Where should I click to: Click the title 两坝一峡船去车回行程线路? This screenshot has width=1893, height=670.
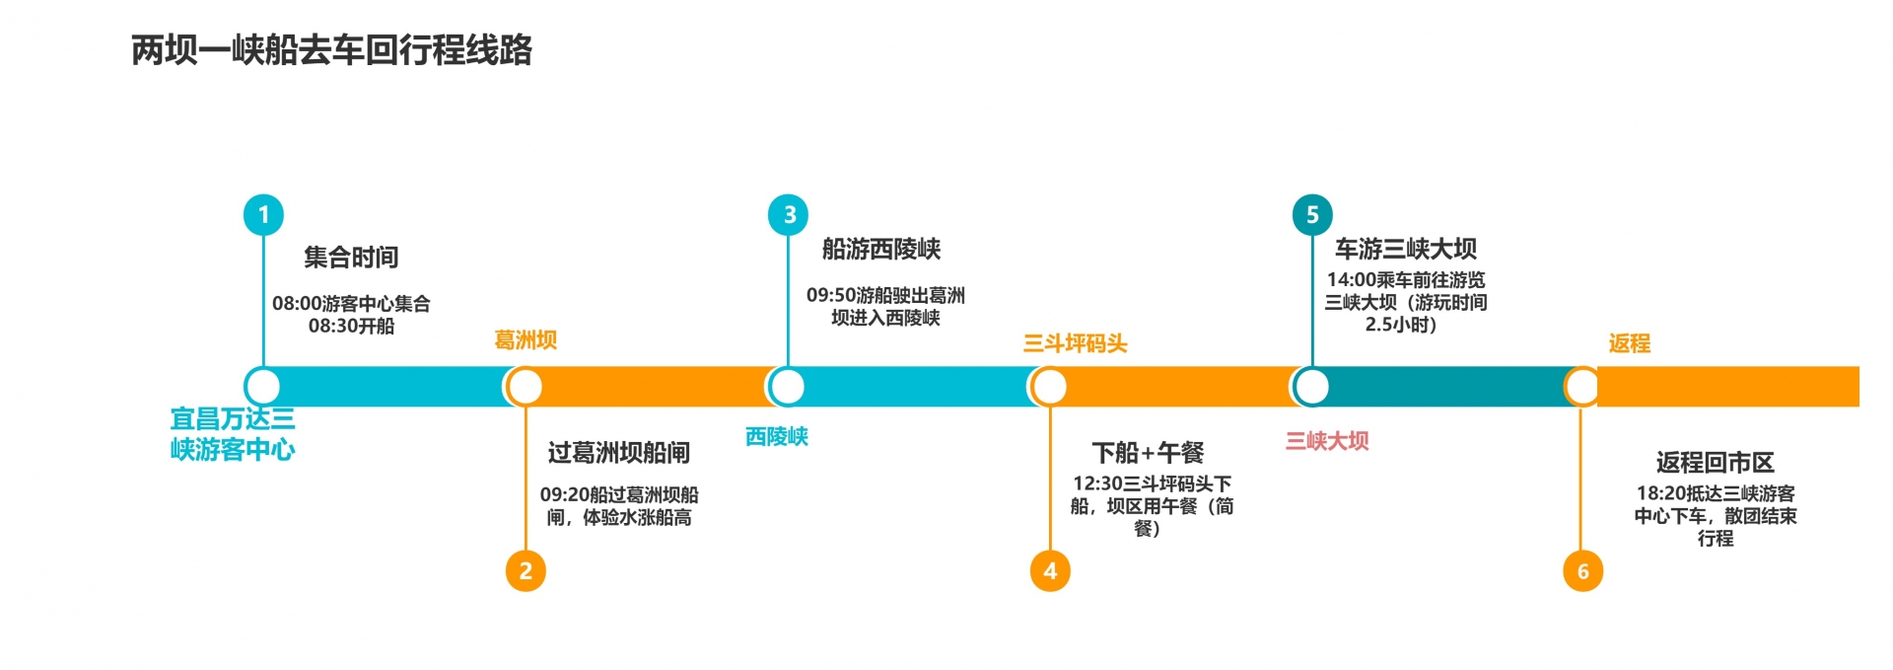pos(331,49)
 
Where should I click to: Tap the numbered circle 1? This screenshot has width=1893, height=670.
pos(263,214)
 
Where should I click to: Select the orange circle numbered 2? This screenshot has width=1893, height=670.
pos(526,570)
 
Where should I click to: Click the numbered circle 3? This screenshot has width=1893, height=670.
pos(789,214)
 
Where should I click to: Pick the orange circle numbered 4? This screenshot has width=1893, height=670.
pos(1050,570)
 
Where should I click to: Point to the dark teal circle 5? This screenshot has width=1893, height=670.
pos(1312,214)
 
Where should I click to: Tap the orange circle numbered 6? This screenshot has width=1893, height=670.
pos(1582,570)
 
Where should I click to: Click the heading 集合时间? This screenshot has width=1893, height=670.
pos(351,258)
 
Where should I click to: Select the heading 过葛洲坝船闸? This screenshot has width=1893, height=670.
pos(618,453)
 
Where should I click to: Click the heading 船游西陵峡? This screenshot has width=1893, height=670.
pos(881,249)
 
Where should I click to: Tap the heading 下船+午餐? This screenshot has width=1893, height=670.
pos(1148,453)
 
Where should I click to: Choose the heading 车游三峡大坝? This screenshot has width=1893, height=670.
pos(1405,249)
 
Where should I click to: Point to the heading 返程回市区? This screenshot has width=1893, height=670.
pos(1715,462)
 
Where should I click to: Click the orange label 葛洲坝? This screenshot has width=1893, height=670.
pos(526,340)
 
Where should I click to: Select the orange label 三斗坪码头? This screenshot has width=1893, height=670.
pos(1075,343)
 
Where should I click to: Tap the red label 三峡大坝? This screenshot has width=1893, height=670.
pos(1327,441)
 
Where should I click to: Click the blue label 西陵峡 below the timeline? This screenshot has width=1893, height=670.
pos(777,436)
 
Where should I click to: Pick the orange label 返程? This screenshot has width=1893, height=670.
pos(1629,343)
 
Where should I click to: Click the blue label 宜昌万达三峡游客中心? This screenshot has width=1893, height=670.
pos(233,434)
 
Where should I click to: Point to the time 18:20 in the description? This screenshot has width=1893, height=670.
pos(1656,493)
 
